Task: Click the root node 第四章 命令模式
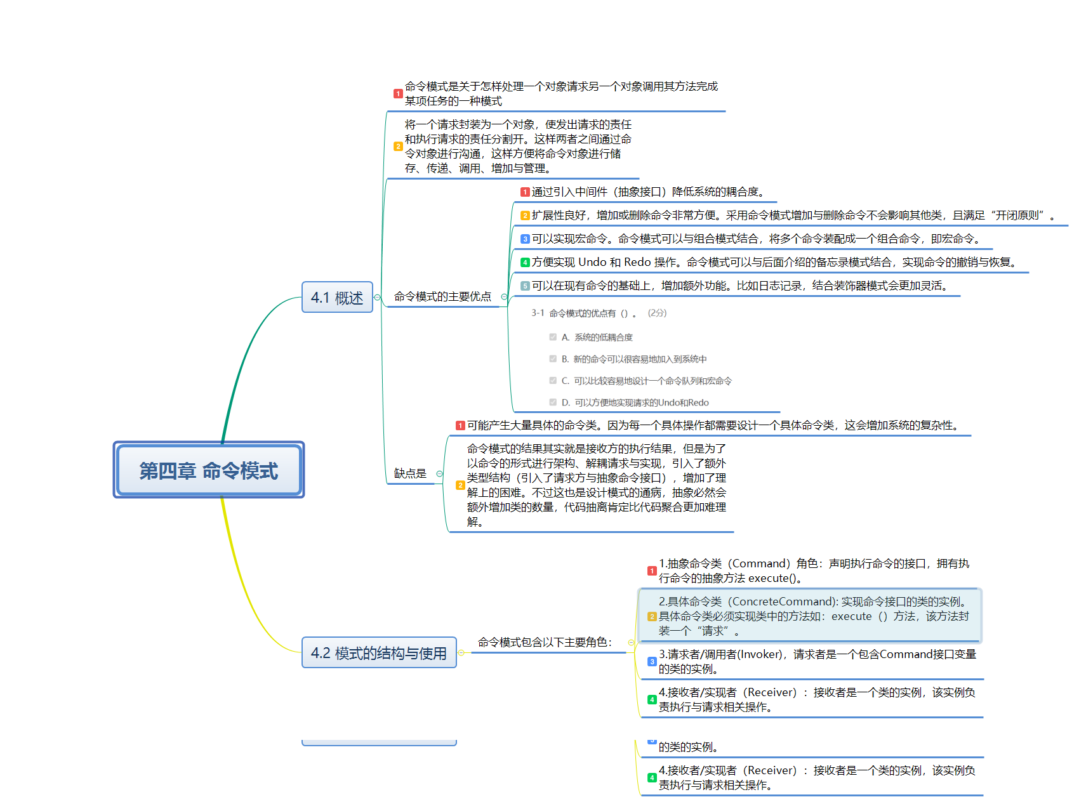[x=208, y=470]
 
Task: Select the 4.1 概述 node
[x=336, y=297]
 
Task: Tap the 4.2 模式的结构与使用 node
[x=378, y=652]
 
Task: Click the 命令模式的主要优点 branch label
[x=442, y=296]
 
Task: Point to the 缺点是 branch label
[x=410, y=473]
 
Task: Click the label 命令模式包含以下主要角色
[x=545, y=642]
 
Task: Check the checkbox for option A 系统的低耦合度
[x=553, y=337]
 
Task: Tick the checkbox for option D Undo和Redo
[x=553, y=402]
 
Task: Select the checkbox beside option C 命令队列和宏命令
[x=553, y=381]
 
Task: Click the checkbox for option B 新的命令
[x=553, y=359]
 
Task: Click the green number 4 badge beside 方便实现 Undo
[x=525, y=262]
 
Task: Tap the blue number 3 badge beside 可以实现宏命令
[x=525, y=239]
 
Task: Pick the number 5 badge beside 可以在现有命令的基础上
[x=525, y=286]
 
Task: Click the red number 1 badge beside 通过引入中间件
[x=525, y=192]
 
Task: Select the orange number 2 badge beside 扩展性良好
[x=525, y=215]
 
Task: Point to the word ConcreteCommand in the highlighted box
[x=781, y=602]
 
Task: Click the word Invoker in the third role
[x=762, y=654]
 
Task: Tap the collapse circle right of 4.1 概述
[x=378, y=298]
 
